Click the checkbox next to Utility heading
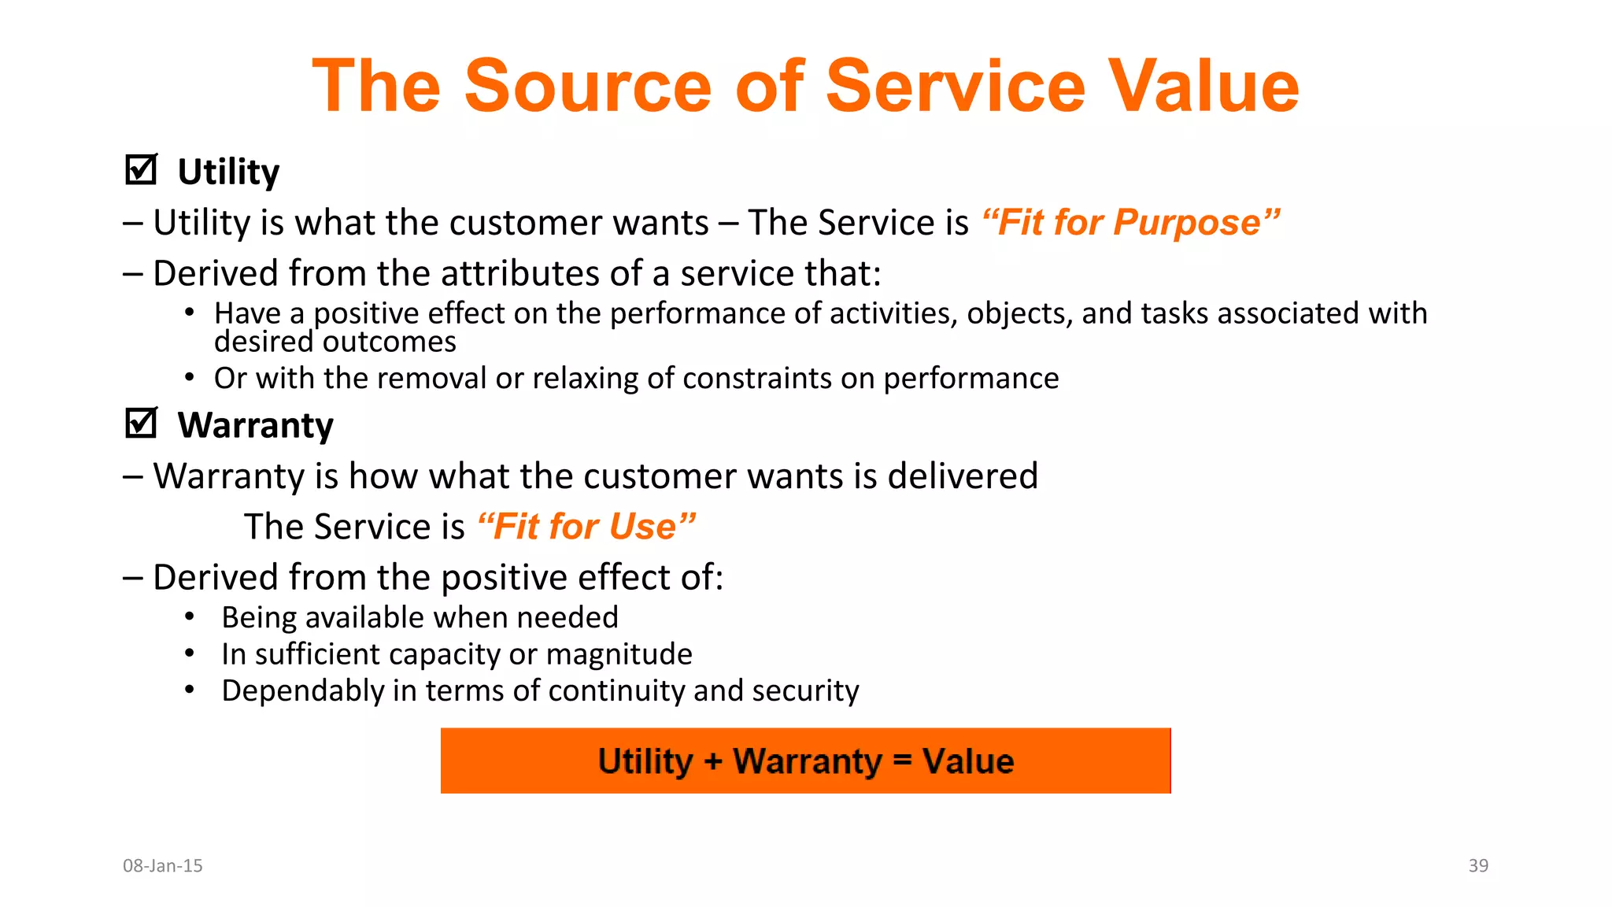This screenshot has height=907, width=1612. (x=141, y=170)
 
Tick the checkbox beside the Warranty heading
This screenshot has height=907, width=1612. (x=141, y=424)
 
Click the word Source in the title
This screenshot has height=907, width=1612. (x=588, y=86)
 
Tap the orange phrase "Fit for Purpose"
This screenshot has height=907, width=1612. (x=1130, y=223)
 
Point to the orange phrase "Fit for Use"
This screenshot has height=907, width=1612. (x=586, y=527)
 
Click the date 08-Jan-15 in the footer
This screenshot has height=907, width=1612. (x=163, y=865)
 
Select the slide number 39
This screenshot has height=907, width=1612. (x=1478, y=865)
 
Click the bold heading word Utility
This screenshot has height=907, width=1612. (x=228, y=172)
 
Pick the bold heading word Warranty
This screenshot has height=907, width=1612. (x=255, y=425)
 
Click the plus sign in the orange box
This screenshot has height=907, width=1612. (x=712, y=761)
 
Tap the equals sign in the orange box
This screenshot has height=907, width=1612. (x=902, y=761)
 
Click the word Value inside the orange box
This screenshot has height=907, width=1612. (x=968, y=761)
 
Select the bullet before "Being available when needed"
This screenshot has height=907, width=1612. (x=190, y=617)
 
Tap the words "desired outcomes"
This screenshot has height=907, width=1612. (x=335, y=342)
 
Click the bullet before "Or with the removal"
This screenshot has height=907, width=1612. (x=190, y=378)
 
